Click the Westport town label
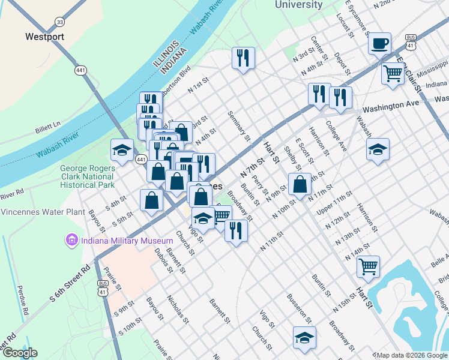[44, 37]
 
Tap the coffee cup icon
[379, 44]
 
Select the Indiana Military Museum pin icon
[71, 241]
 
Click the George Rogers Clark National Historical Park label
[87, 177]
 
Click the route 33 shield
[59, 22]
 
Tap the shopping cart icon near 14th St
[368, 266]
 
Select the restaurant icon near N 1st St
[244, 58]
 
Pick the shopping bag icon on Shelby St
[300, 184]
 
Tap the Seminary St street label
[239, 126]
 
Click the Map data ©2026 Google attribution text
[412, 355]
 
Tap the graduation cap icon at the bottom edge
[304, 337]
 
